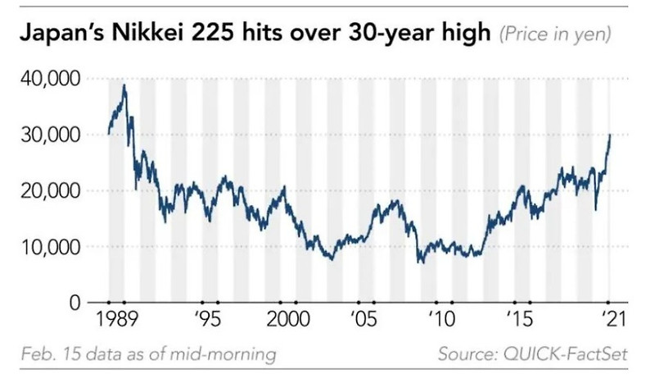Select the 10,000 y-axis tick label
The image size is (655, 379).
coord(46,246)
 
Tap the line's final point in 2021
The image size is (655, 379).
coord(611,135)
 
